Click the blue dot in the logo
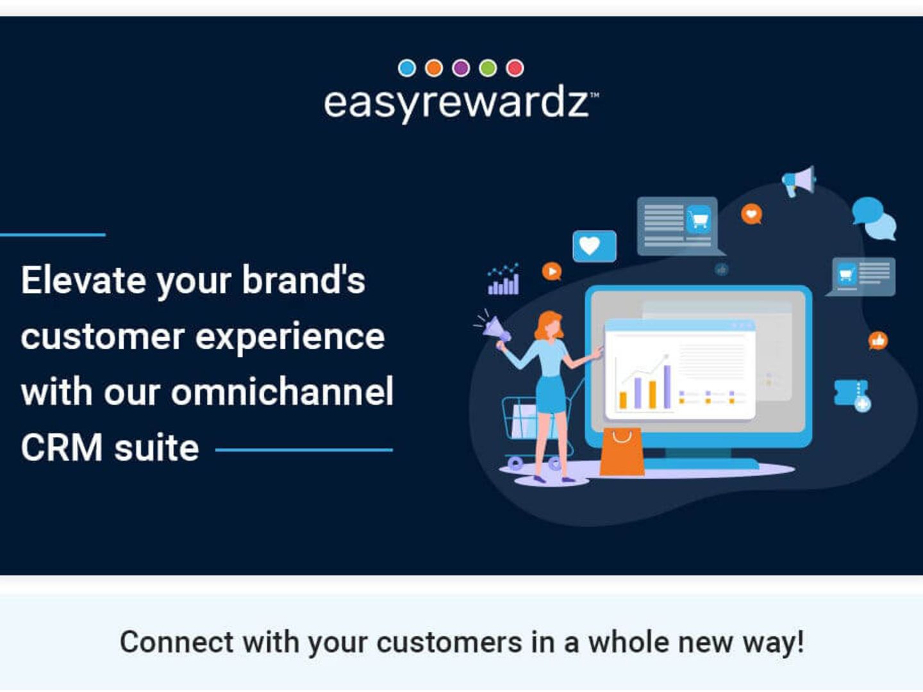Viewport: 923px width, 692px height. [407, 68]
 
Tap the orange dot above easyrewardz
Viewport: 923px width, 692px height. [434, 68]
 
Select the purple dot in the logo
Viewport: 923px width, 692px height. [461, 68]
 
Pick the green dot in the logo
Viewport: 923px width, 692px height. [488, 68]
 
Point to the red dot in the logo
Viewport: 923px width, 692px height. [515, 68]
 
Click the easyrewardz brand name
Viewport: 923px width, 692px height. [460, 104]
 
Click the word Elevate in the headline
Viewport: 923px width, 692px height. [84, 280]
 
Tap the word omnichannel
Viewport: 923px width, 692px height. [283, 391]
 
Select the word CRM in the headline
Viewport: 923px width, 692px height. [62, 448]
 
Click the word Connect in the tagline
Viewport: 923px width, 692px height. [177, 642]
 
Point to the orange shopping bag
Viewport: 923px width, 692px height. [622, 452]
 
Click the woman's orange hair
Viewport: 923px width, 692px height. [548, 324]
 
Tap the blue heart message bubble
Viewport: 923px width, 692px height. [594, 246]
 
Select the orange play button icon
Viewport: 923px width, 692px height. [552, 272]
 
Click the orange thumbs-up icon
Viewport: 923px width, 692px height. [878, 341]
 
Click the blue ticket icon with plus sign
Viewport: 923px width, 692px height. [852, 395]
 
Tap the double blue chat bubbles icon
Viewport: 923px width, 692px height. [874, 218]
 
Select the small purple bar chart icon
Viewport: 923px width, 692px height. [503, 279]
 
